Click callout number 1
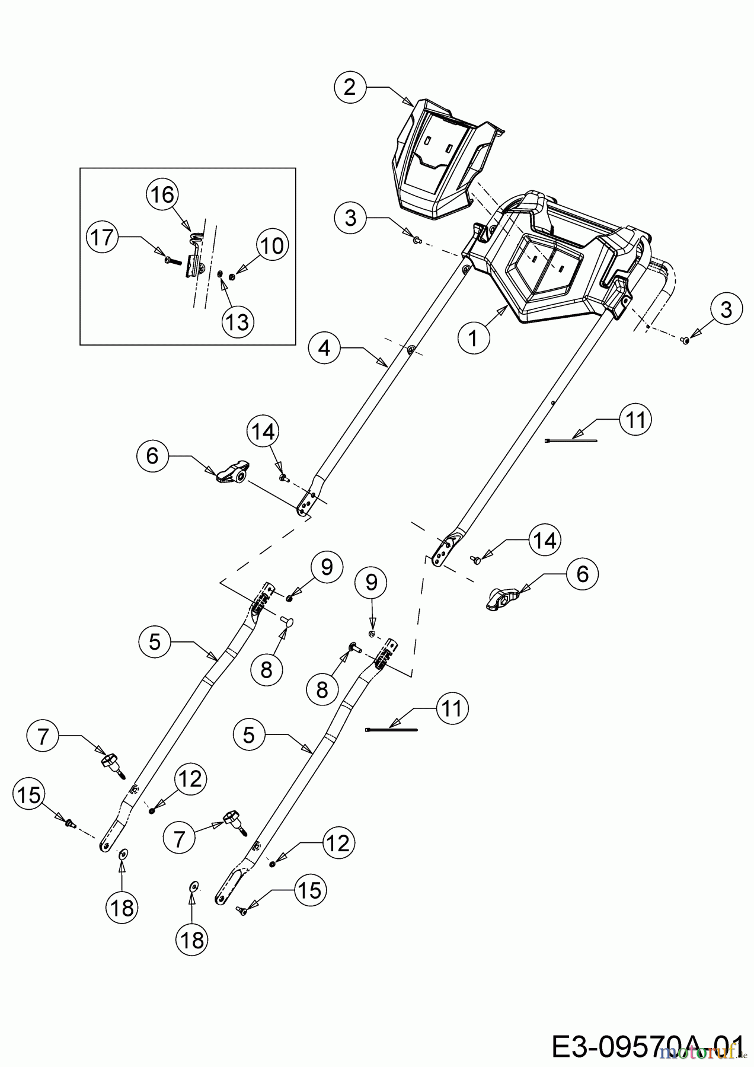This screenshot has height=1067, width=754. click(473, 338)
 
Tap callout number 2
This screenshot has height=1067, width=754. click(350, 87)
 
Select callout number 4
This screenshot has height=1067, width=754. click(324, 348)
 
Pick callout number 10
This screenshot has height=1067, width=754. click(272, 245)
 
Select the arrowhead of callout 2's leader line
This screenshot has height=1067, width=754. click(408, 103)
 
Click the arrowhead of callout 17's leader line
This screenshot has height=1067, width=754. click(159, 253)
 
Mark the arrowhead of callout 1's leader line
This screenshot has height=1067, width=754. click(503, 309)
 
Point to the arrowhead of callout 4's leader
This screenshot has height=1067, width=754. click(384, 364)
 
